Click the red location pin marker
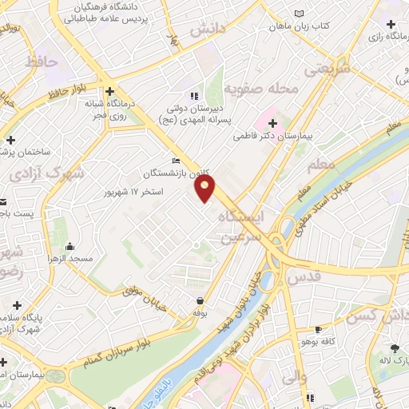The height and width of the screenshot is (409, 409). tap(205, 189)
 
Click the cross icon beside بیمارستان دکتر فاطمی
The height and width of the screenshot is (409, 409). tap(273, 123)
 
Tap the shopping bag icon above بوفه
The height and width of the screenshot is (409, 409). tap(198, 300)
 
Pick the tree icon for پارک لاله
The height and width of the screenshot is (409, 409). tap(394, 348)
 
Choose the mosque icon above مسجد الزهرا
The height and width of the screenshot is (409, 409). tap(70, 246)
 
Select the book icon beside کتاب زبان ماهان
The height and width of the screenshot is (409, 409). tap(299, 14)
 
